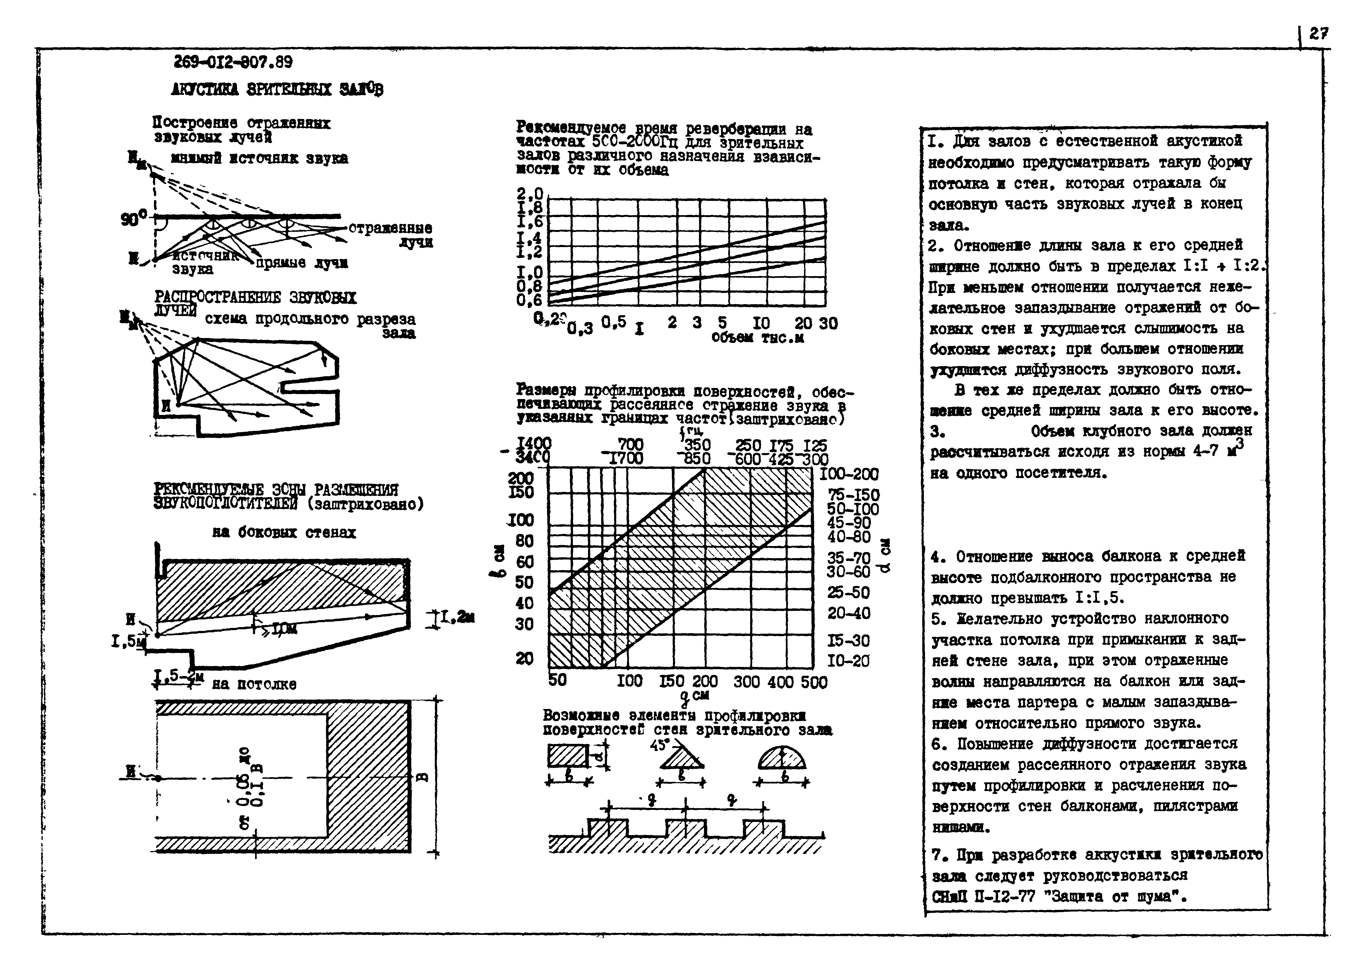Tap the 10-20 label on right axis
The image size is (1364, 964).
[848, 661]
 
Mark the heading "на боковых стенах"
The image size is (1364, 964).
[284, 533]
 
